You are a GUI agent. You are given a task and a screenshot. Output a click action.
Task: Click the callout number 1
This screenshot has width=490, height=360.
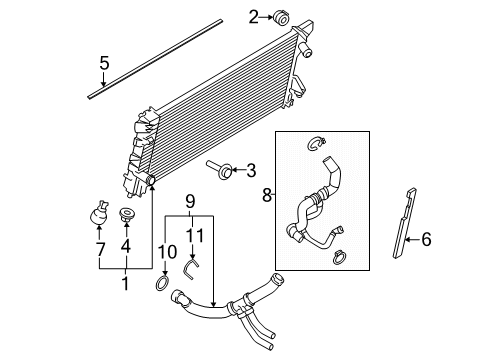[126, 284]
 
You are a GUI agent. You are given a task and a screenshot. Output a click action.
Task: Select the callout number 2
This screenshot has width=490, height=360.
[255, 16]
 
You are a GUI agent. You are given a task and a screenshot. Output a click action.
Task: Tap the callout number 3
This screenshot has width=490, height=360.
[251, 170]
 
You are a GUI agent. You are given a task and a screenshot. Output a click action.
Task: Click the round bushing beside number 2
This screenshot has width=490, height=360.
[280, 17]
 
